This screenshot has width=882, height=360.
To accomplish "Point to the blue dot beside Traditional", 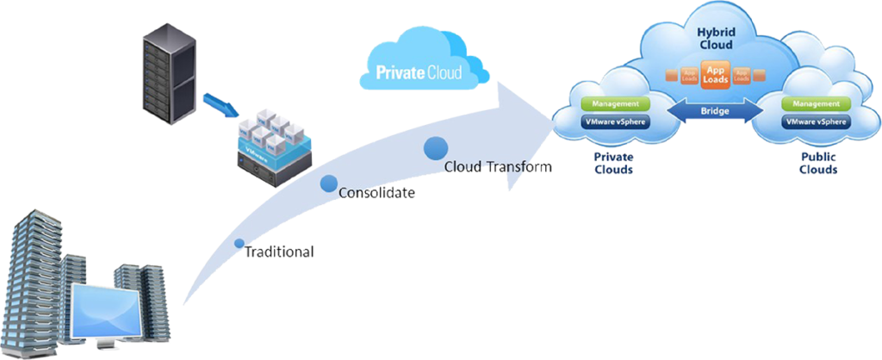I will [x=239, y=244].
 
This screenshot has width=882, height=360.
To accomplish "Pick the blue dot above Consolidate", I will [x=328, y=183].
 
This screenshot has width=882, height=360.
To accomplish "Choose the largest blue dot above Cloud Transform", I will [x=435, y=147].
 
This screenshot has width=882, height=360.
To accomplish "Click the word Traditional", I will [x=280, y=252].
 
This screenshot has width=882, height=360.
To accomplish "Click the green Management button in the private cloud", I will [x=613, y=103].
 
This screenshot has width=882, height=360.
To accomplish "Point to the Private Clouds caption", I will [x=613, y=164].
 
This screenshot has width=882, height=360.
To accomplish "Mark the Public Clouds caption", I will [x=817, y=164].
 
